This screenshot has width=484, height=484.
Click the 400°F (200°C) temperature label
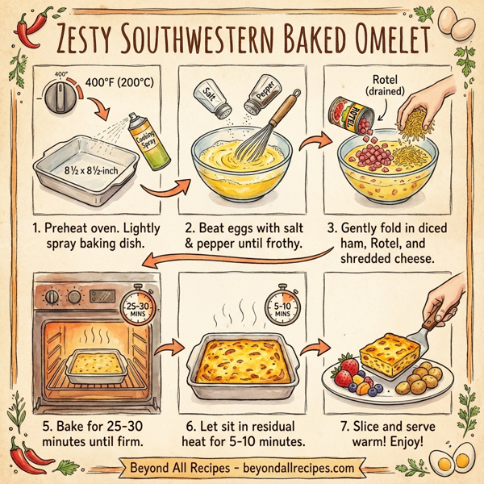[x=126, y=82]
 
